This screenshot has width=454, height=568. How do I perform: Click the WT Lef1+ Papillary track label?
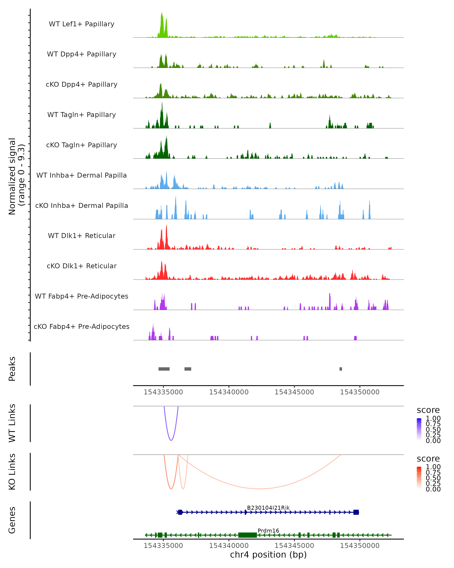point(82,24)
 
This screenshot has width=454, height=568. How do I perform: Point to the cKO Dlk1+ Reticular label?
point(82,266)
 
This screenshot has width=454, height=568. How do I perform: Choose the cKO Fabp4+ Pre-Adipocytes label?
point(82,326)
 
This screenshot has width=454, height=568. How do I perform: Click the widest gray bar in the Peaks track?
point(164,369)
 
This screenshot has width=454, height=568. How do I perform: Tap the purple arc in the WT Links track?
point(171,440)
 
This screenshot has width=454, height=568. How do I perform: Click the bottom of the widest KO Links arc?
point(259,489)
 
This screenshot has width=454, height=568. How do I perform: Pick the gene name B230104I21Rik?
point(268,508)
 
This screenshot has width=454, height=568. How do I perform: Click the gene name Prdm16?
point(268,531)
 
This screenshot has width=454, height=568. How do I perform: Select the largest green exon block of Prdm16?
point(247,535)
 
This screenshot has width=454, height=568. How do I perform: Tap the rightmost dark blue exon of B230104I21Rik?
point(356,512)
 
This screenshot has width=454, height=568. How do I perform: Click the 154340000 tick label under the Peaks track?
point(229,392)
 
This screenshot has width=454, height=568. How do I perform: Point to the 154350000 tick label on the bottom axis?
point(360,546)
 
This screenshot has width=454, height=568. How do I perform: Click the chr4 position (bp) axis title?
point(268,555)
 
